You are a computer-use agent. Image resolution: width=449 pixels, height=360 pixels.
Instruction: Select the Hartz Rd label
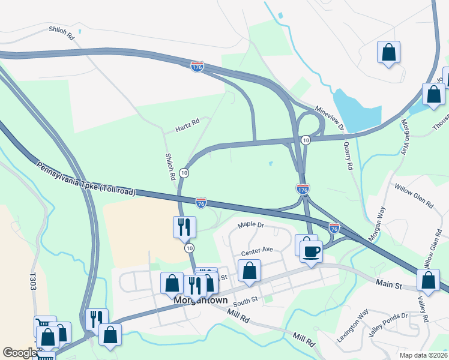coord(187,128)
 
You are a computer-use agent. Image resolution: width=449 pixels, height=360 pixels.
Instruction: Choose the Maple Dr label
coord(251,225)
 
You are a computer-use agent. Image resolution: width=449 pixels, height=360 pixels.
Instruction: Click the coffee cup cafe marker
coord(312,251)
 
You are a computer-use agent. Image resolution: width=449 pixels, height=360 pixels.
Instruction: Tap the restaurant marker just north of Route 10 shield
coord(184,226)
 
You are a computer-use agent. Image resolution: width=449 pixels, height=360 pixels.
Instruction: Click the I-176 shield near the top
coord(197,67)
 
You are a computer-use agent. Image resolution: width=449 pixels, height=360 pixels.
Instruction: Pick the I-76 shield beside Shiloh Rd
coord(201,203)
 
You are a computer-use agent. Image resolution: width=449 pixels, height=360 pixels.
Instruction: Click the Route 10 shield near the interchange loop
coord(306,140)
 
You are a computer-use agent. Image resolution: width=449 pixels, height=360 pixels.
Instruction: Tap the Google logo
coord(19,353)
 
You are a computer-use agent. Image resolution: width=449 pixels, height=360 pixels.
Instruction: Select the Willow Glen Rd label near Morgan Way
coord(414,196)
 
